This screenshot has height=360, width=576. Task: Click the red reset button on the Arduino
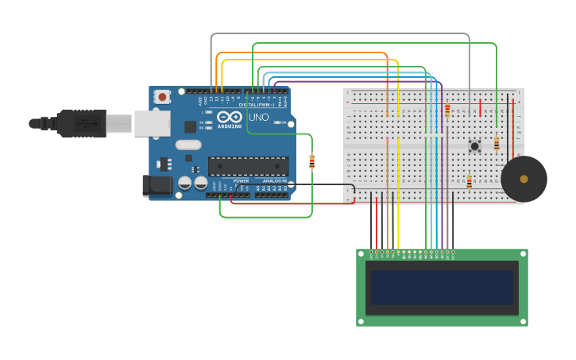(x=162, y=97)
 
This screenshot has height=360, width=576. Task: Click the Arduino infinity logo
(x=229, y=118)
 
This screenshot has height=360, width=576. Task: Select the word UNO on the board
(x=259, y=117)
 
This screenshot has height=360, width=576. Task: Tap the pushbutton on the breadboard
(x=474, y=145)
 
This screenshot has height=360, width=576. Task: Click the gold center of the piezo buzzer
(x=524, y=179)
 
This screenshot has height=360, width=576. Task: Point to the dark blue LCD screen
(x=442, y=288)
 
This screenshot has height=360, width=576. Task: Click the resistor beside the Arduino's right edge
(x=311, y=162)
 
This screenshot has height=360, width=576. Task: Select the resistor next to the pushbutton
(x=497, y=143)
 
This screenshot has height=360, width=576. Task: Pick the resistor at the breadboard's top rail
(x=447, y=110)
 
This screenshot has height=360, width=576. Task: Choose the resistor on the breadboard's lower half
(x=469, y=182)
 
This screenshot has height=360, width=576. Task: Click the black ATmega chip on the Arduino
(x=248, y=165)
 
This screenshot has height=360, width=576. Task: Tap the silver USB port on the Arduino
(x=152, y=123)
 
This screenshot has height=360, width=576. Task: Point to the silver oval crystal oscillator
(x=188, y=145)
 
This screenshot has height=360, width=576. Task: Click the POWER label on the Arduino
(x=241, y=181)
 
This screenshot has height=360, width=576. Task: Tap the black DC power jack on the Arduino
(x=156, y=185)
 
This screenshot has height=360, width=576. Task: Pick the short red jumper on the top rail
(x=480, y=107)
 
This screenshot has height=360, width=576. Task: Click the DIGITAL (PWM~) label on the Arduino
(x=256, y=105)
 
